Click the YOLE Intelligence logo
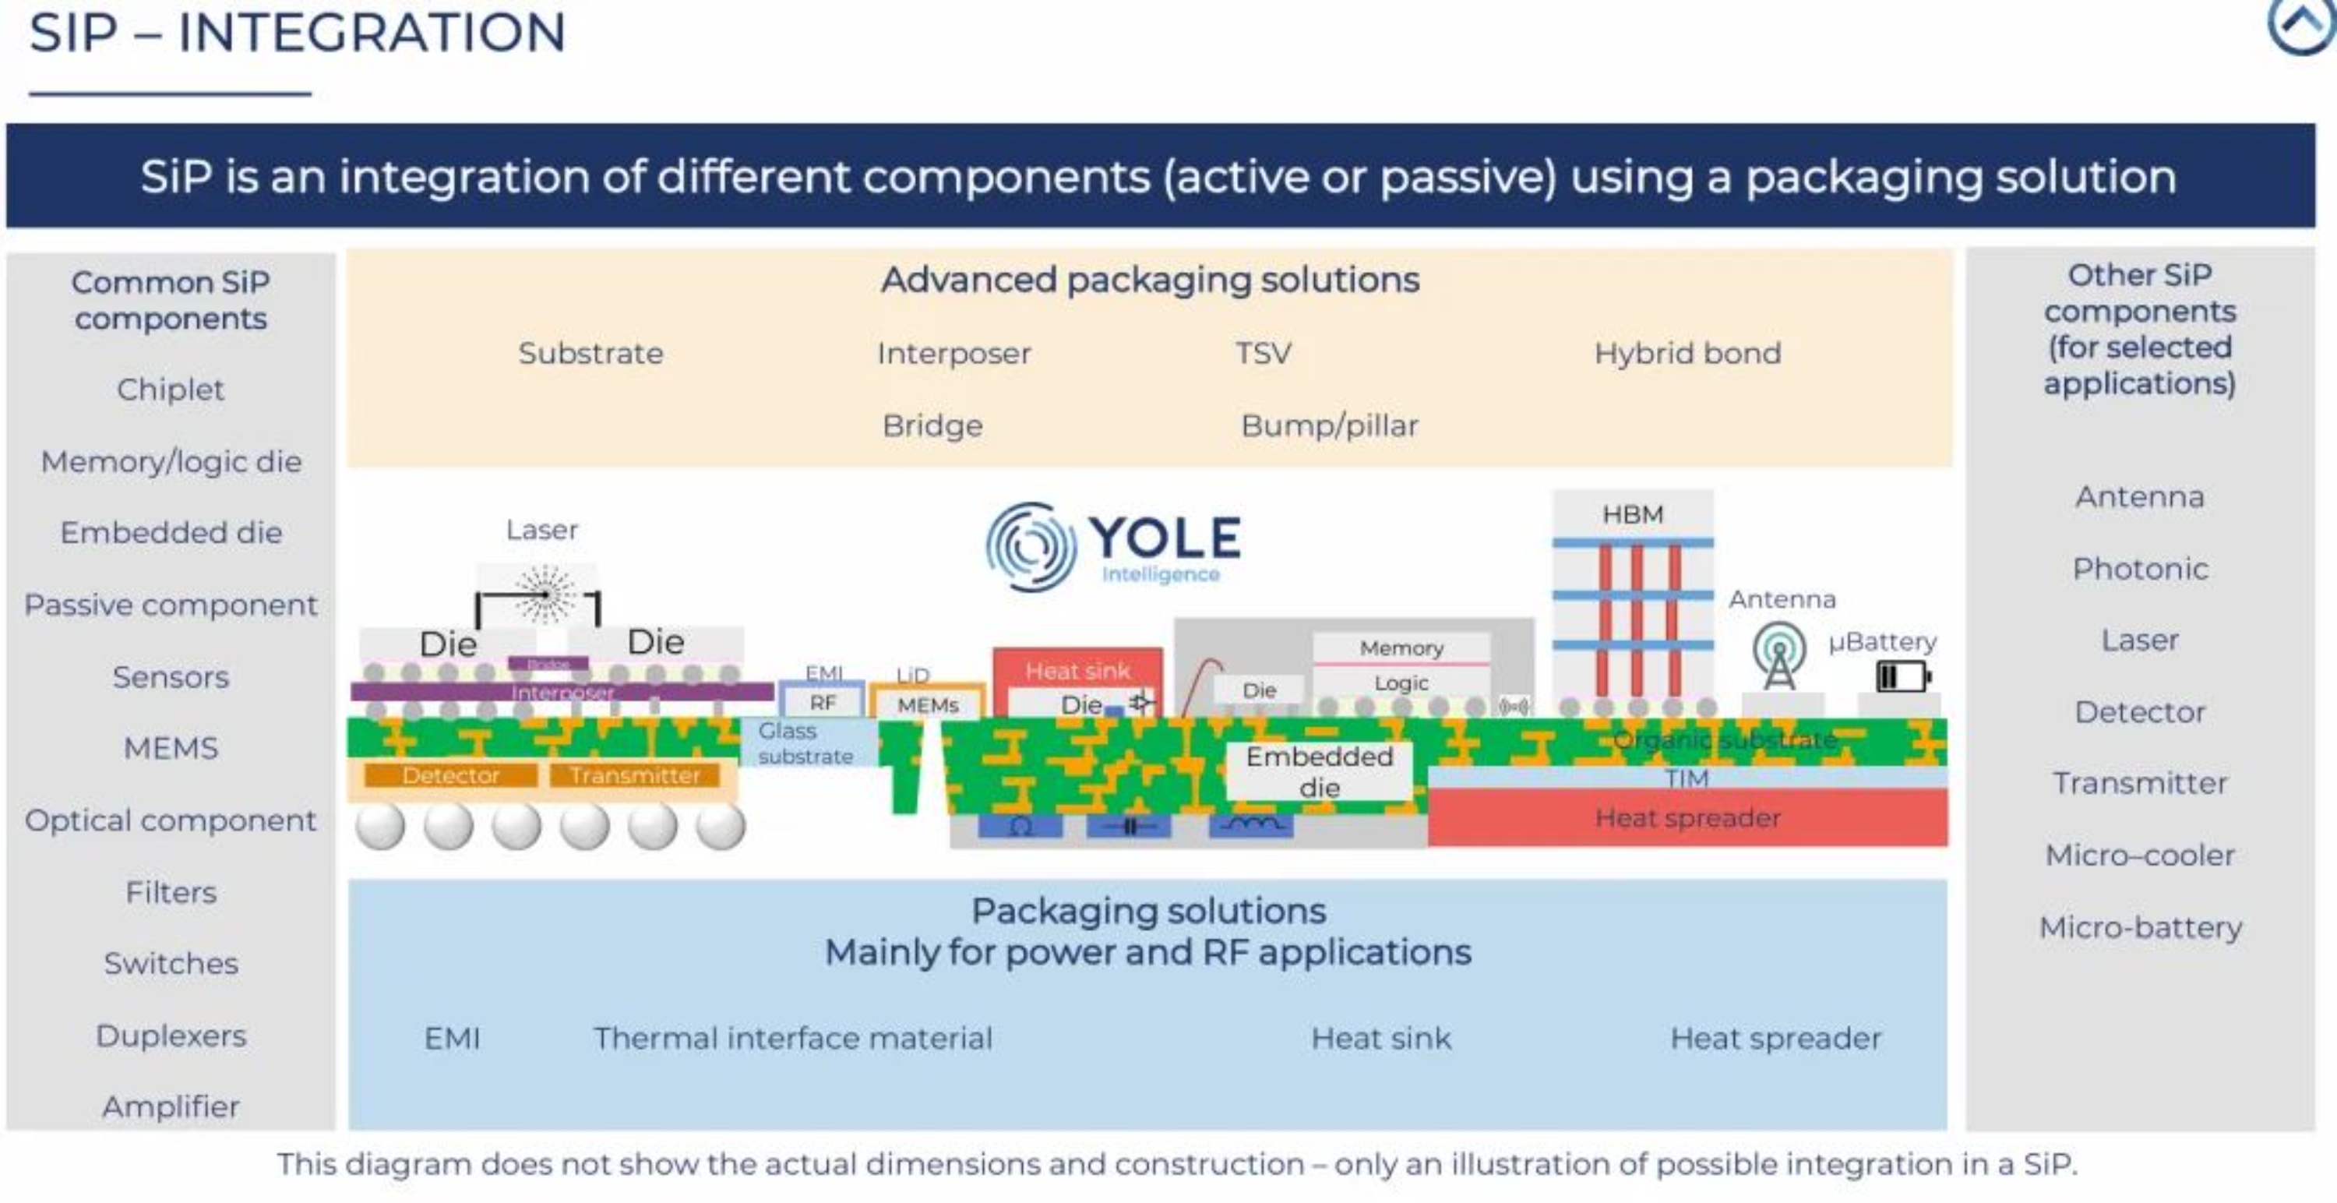[x=1114, y=547]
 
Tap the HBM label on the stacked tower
[x=1632, y=514]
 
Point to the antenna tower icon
[x=1778, y=656]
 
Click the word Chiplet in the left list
[x=171, y=390]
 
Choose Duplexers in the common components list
[x=171, y=1035]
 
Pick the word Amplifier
[x=171, y=1106]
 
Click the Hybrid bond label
[x=1687, y=353]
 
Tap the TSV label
[x=1263, y=353]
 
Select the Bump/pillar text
[x=1329, y=425]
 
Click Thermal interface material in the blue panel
[x=793, y=1038]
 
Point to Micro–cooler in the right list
[x=2139, y=855]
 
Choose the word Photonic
[x=2139, y=569]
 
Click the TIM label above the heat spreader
[x=1687, y=778]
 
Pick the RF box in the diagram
[x=822, y=703]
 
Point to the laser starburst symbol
[x=545, y=595]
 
